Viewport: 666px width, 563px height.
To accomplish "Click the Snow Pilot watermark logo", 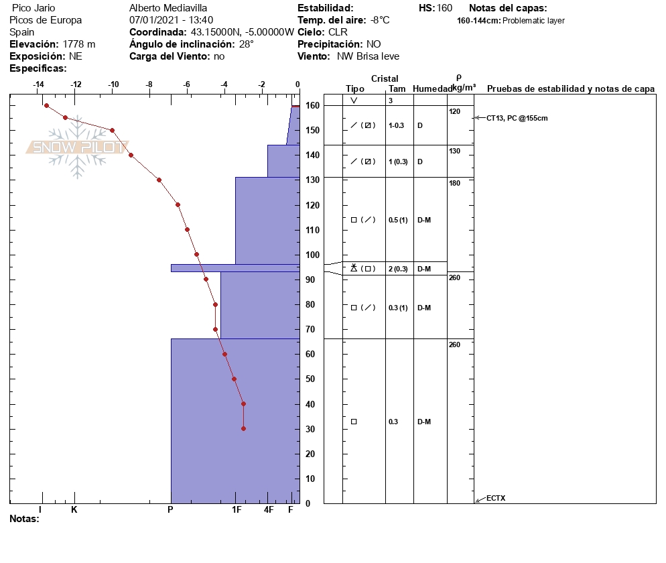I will [77, 147].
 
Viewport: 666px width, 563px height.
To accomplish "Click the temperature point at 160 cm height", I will [46, 105].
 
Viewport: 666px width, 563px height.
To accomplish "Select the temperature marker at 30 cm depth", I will [243, 428].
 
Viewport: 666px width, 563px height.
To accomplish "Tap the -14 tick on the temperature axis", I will [38, 85].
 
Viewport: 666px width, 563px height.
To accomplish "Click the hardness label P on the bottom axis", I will [170, 510].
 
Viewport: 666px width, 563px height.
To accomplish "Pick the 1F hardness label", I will [237, 510].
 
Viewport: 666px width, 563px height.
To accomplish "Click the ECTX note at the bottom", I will [496, 498].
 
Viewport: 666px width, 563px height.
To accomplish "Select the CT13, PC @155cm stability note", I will [517, 118].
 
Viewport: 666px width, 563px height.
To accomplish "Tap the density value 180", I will [454, 183].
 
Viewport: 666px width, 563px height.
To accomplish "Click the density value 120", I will [454, 111].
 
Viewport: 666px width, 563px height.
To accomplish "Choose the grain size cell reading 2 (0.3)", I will [398, 269].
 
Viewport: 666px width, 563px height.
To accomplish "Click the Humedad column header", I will [431, 89].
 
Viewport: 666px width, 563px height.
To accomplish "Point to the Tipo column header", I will [355, 89].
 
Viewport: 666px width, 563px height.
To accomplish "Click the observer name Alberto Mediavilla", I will [168, 8].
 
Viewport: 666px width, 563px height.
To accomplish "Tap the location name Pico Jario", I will [34, 8].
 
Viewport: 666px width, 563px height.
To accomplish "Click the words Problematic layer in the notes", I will [533, 21].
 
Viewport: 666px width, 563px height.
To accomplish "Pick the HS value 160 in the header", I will [444, 8].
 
